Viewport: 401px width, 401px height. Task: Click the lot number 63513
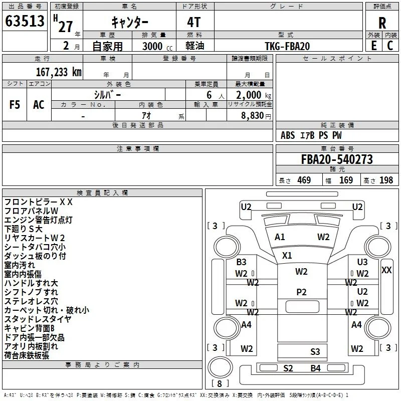pos(25,21)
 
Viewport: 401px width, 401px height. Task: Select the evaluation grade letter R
pos(382,23)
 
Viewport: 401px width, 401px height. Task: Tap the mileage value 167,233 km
pos(59,72)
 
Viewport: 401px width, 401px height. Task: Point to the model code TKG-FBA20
pos(287,46)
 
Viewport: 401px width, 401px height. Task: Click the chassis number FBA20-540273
pos(337,159)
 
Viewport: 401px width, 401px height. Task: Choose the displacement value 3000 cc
pos(157,46)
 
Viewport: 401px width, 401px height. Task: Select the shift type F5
pos(15,105)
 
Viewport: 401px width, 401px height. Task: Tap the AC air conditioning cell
pos(39,105)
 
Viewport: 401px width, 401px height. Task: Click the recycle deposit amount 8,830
pos(253,115)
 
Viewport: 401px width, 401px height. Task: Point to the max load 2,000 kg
pos(254,95)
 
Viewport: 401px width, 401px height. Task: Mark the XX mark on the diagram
pos(386,270)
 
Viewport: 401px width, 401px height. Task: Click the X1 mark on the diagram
pos(287,255)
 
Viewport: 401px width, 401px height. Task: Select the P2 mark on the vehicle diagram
pos(301,292)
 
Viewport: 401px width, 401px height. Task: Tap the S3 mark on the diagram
pos(315,352)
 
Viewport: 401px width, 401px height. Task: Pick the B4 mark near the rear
pos(316,368)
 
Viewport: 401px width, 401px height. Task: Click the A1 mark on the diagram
pos(280,237)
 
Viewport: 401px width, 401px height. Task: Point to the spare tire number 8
pos(220,383)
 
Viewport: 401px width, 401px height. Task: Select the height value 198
pos(386,180)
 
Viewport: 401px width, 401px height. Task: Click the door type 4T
pos(194,23)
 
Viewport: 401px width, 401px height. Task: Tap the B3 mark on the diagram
pos(241,262)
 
